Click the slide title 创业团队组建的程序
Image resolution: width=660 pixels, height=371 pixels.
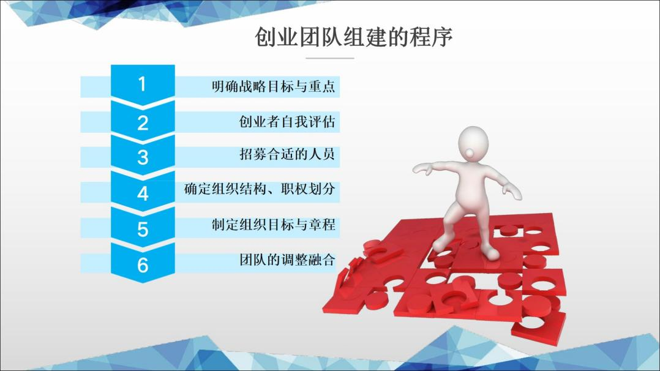pyautogui.click(x=354, y=37)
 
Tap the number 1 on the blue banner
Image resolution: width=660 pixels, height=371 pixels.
pyautogui.click(x=142, y=84)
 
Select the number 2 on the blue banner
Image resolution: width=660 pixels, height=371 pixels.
pyautogui.click(x=143, y=123)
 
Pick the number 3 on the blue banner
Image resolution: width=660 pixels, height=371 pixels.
pyautogui.click(x=143, y=157)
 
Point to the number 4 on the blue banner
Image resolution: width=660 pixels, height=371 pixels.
pyautogui.click(x=143, y=193)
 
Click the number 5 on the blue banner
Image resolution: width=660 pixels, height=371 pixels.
pyautogui.click(x=143, y=229)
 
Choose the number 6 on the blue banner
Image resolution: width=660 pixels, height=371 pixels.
pyautogui.click(x=143, y=265)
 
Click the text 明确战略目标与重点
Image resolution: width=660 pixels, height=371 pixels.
pyautogui.click(x=274, y=86)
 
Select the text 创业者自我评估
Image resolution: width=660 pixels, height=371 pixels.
pyautogui.click(x=287, y=122)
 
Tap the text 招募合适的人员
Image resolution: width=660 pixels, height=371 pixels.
pyautogui.click(x=287, y=154)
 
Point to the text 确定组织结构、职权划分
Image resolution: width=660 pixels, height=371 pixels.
pyautogui.click(x=260, y=189)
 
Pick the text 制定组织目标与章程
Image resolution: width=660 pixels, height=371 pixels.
pyautogui.click(x=274, y=224)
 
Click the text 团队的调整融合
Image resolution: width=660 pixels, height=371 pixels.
pyautogui.click(x=287, y=260)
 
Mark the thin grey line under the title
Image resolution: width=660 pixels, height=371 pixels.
pyautogui.click(x=329, y=58)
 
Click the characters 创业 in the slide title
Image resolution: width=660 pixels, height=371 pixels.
pyautogui.click(x=277, y=37)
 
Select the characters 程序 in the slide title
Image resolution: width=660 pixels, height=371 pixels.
pyautogui.click(x=431, y=37)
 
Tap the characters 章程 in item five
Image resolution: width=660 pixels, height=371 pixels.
pyautogui.click(x=322, y=224)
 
